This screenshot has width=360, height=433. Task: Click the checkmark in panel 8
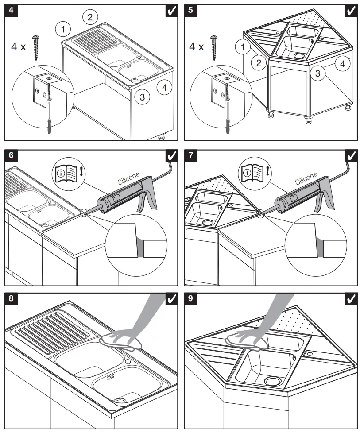[171, 299]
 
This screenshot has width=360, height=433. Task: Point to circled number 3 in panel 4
[142, 97]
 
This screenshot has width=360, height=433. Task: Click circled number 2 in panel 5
[256, 62]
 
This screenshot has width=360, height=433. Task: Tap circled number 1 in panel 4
[63, 29]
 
